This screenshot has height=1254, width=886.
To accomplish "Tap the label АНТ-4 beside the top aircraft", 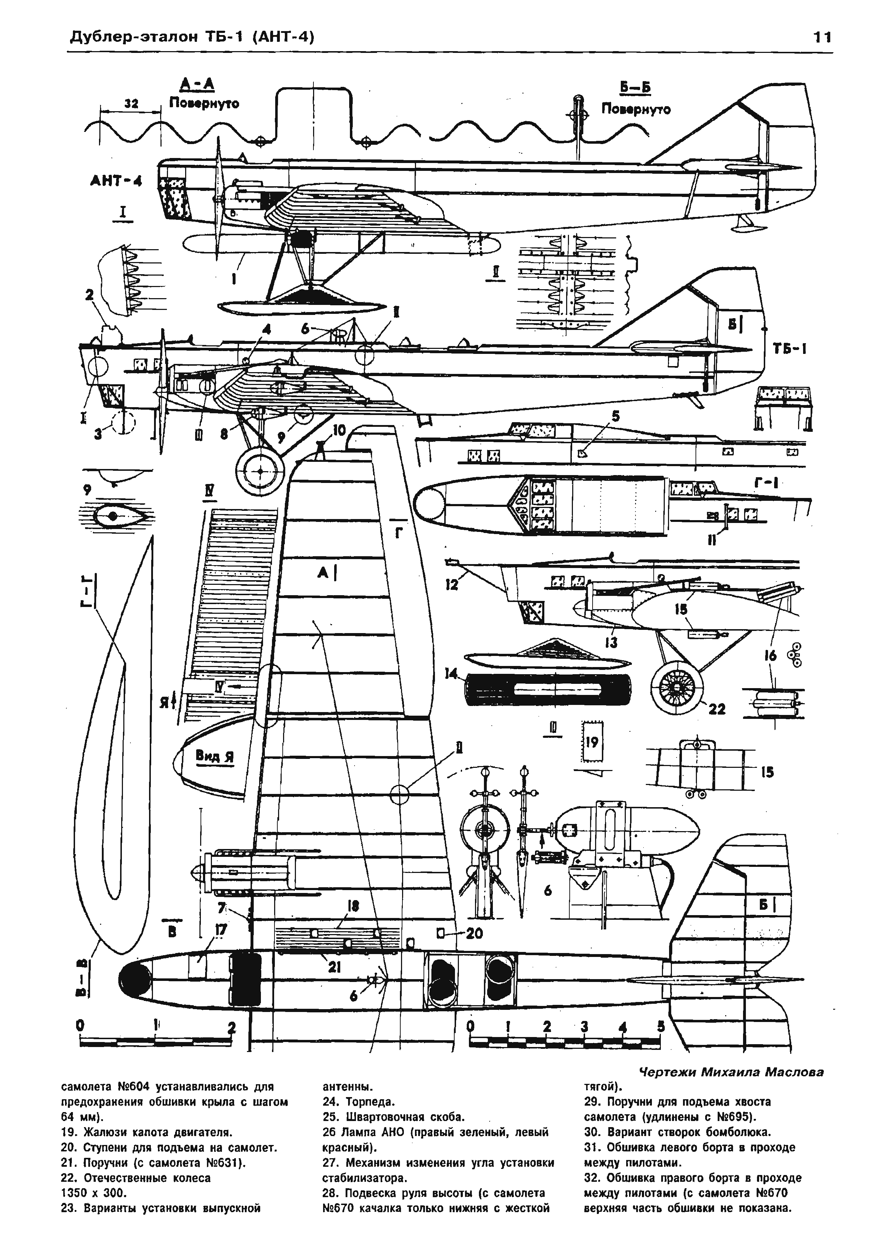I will tap(115, 181).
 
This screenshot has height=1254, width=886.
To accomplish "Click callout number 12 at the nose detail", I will tap(451, 585).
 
